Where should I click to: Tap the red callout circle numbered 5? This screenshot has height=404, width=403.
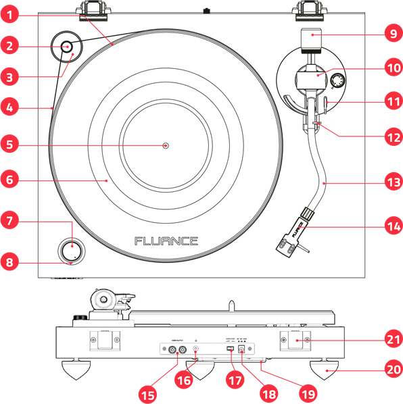click(x=10, y=144)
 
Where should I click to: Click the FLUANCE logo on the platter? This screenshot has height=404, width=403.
click(x=166, y=241)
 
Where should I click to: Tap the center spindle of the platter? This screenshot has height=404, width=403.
click(x=166, y=145)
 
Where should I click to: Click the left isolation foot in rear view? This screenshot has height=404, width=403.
click(x=78, y=369)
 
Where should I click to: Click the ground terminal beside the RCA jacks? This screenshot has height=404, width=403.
click(x=196, y=350)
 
